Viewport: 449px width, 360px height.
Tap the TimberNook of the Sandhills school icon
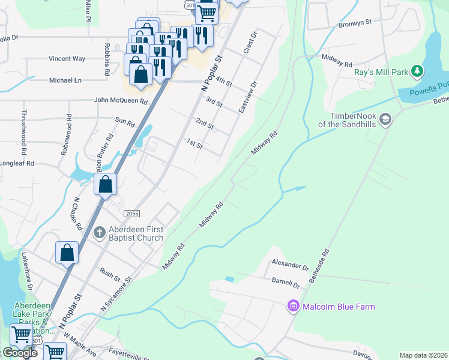385,119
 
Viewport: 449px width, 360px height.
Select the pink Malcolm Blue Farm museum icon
294,307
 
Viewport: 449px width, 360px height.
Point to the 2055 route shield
132,214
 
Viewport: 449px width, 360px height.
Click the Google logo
20,353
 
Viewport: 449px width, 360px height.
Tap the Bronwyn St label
355,22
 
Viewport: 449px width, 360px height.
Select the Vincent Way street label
67,59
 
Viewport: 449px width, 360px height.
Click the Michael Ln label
65,80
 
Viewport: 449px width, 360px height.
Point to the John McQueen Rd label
120,101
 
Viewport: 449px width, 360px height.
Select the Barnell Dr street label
285,282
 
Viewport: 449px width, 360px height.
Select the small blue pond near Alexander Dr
229,279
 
